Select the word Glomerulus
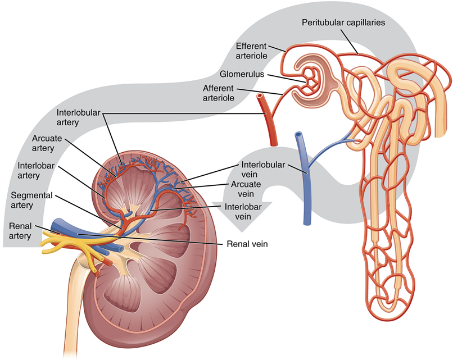pos(242,74)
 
